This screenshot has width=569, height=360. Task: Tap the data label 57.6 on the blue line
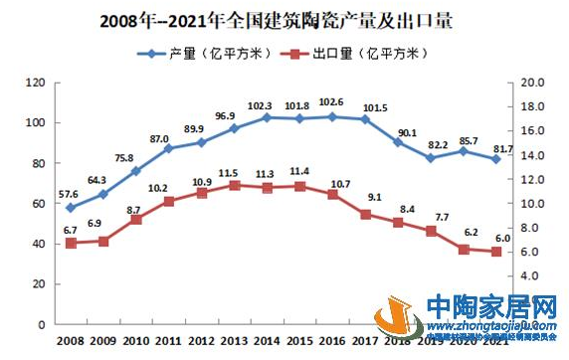point(68,194)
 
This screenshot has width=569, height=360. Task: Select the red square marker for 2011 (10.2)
point(167,202)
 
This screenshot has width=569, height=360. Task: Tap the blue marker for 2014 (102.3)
point(265,117)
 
